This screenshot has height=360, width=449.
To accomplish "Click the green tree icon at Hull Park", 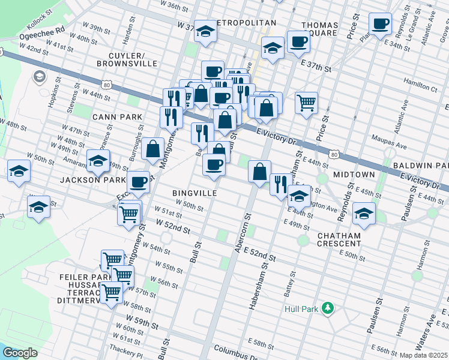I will (327, 308).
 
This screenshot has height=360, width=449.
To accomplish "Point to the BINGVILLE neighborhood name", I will (194, 193).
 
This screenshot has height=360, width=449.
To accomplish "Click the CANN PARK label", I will (117, 116).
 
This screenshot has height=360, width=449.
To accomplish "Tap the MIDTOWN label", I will (355, 174).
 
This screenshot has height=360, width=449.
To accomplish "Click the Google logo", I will (20, 352).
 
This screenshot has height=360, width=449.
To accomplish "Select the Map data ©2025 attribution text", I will (424, 355).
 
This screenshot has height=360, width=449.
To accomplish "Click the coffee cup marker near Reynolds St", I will (379, 25).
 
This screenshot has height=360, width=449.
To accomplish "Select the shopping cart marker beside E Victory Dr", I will (306, 103).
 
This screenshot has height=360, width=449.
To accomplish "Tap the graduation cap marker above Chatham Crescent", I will (363, 212).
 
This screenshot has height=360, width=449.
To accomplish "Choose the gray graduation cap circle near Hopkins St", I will (40, 77).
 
